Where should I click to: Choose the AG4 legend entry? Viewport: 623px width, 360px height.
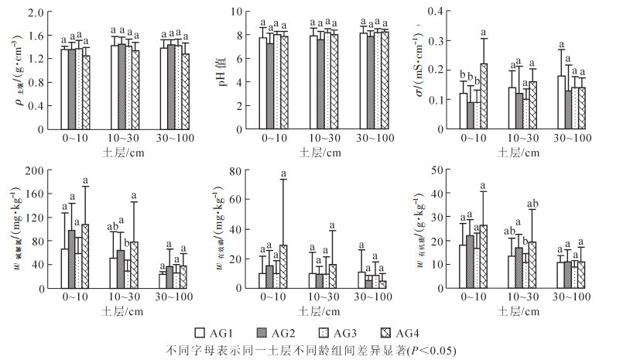pos(411,332)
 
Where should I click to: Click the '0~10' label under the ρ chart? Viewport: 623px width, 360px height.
pos(75,139)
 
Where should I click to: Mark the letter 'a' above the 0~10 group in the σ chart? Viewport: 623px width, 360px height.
pos(484,31)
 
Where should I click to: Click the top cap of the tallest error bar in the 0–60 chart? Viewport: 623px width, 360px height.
pos(283,179)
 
